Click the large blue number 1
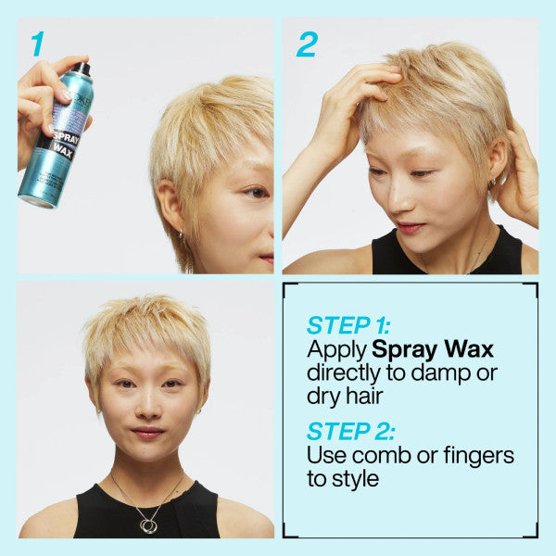pos(37,43)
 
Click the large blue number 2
pos(307,44)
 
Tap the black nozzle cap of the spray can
pos(82,69)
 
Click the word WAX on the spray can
pos(62,150)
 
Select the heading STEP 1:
pos(348,326)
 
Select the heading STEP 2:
pos(349,431)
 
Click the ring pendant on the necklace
pos(148,524)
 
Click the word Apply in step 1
pos(336,351)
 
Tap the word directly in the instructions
pos(343,373)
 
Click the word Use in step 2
pos(324,456)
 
